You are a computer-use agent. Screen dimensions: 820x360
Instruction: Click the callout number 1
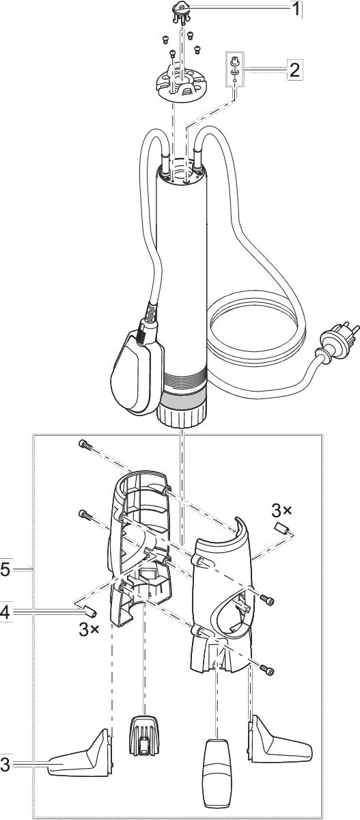coord(295,10)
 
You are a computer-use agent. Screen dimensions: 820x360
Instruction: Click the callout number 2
coord(293,69)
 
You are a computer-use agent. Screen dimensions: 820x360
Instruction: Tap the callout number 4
coord(5,613)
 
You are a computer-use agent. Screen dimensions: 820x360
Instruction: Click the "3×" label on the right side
coord(281,510)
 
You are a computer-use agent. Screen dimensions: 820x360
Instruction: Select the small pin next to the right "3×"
coord(281,530)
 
